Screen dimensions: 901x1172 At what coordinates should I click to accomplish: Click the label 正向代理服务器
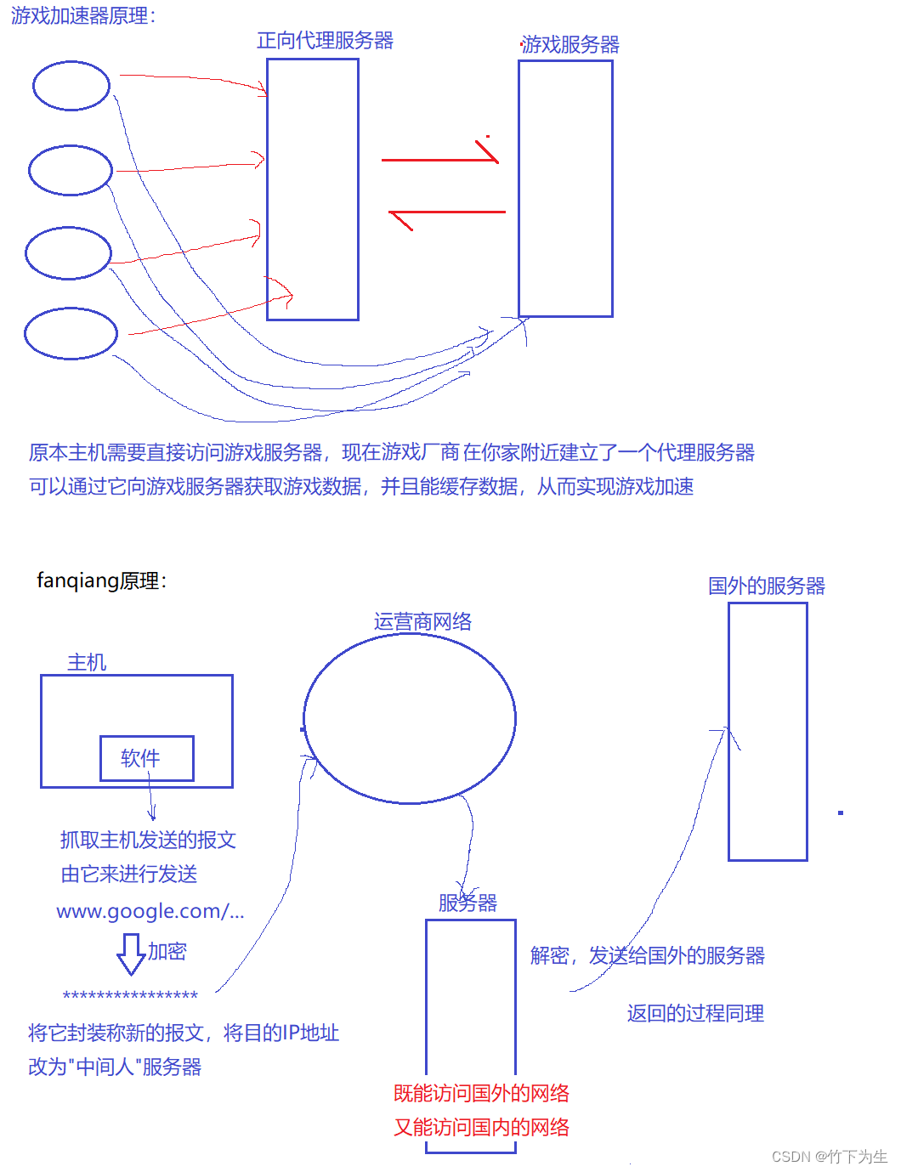click(325, 41)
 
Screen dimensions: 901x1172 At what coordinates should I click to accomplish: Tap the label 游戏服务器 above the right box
click(570, 45)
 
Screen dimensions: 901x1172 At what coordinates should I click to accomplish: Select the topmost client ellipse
click(71, 86)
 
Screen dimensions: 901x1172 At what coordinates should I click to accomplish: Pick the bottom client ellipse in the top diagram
click(71, 333)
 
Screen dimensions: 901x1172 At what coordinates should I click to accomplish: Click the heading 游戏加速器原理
click(82, 16)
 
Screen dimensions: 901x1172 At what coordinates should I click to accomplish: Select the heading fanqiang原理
click(101, 580)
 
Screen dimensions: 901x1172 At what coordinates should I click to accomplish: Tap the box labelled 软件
click(146, 758)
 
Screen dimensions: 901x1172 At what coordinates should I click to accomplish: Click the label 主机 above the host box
click(87, 662)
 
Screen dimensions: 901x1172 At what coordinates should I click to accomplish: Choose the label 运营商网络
click(422, 621)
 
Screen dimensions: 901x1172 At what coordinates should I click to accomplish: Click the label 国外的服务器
click(766, 586)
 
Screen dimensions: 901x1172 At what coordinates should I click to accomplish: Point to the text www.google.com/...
click(150, 911)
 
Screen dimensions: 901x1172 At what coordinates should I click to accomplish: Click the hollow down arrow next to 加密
click(131, 953)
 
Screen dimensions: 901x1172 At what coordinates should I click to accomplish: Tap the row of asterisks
click(130, 995)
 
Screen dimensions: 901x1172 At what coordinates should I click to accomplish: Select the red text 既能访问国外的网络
click(481, 1093)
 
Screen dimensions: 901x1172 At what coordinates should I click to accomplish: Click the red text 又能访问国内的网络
click(481, 1127)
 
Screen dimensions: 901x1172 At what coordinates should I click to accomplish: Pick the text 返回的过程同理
click(695, 1013)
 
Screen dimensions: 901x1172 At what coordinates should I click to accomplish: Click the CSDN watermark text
click(829, 1157)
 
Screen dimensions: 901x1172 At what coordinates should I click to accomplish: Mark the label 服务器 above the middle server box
click(467, 903)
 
